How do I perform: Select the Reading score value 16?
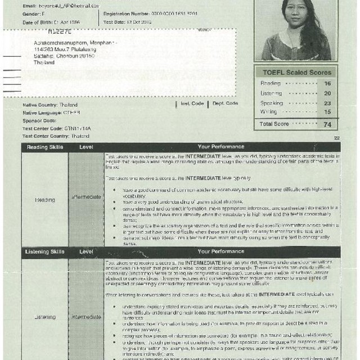point(328,84)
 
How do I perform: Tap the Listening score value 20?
point(328,93)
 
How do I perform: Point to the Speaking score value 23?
point(328,103)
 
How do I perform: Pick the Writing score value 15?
point(328,112)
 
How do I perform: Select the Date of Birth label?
point(40,22)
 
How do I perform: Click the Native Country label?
point(42,105)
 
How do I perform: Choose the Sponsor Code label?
point(39,120)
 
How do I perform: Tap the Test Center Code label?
point(43,128)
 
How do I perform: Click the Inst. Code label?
point(191,103)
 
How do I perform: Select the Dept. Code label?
point(225,103)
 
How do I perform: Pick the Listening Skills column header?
point(45,251)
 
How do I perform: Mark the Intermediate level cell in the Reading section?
point(87,197)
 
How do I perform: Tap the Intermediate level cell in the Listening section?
point(87,317)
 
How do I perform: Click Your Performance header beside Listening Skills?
point(220,251)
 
